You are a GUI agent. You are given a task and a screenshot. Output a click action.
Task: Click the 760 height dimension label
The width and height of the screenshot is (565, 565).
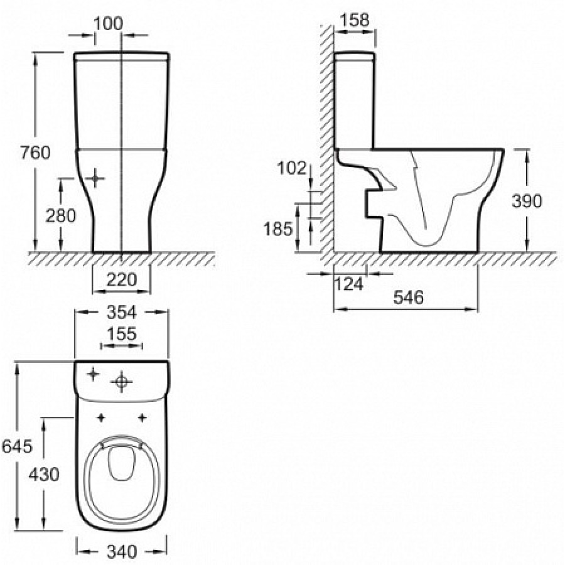coord(35,153)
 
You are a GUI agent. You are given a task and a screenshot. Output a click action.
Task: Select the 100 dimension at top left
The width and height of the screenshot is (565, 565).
coord(108,24)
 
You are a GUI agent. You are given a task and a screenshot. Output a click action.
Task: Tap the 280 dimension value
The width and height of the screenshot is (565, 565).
coord(60,215)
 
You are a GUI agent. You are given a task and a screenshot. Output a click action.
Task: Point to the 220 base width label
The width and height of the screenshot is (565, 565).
coord(122,279)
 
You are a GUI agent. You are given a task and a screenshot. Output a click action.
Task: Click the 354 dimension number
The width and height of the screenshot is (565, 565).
coord(122,313)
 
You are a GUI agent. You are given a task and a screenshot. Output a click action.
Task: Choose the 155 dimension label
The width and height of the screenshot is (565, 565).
coord(122,334)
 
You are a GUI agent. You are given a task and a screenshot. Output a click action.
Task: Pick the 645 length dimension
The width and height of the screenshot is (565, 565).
coord(17,446)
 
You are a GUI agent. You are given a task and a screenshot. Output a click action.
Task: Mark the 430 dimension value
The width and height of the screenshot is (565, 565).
coord(43,474)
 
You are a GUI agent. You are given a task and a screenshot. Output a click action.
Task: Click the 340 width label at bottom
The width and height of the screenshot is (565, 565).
coord(122,552)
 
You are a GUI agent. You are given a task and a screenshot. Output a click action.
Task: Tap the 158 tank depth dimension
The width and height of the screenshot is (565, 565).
coord(355,20)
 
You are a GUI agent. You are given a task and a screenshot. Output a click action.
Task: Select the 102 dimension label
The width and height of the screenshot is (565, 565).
coord(291,168)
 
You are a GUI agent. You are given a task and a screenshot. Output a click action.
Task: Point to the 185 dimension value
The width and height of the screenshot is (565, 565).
coord(278,229)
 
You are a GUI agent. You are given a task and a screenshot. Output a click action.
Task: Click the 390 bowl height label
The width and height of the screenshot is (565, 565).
coord(527,201)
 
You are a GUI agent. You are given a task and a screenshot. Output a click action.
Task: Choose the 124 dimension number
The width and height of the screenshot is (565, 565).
coord(349,284)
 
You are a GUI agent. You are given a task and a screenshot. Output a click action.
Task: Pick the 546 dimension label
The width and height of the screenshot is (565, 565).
coord(409,298)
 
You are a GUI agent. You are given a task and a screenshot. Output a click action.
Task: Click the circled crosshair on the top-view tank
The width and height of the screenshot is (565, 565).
coord(121,381)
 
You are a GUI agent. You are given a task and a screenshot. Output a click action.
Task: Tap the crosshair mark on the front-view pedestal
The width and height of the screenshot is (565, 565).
coord(95,178)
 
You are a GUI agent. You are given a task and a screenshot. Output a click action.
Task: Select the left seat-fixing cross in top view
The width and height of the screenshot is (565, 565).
coord(101,417)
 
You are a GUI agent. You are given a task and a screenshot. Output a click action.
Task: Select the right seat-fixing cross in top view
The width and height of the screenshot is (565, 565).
coord(143,417)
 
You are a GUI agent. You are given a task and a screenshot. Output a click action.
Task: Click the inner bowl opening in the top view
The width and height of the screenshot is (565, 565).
coord(121,463)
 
